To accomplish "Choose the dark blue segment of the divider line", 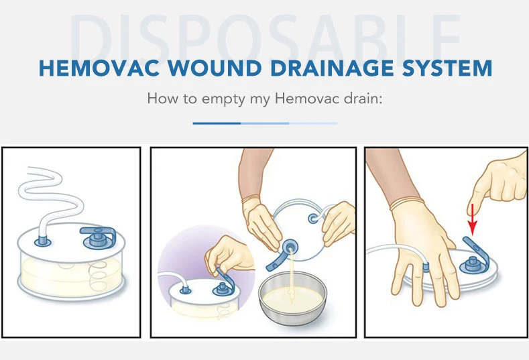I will point(216,123).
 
